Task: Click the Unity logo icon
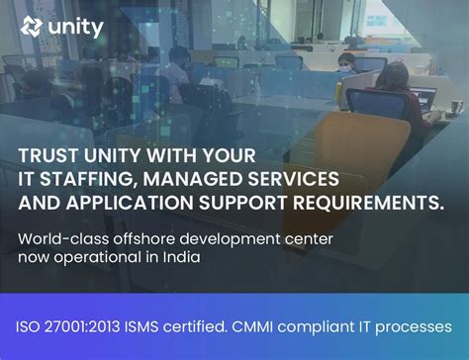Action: [31, 27]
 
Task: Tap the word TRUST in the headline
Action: [50, 155]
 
